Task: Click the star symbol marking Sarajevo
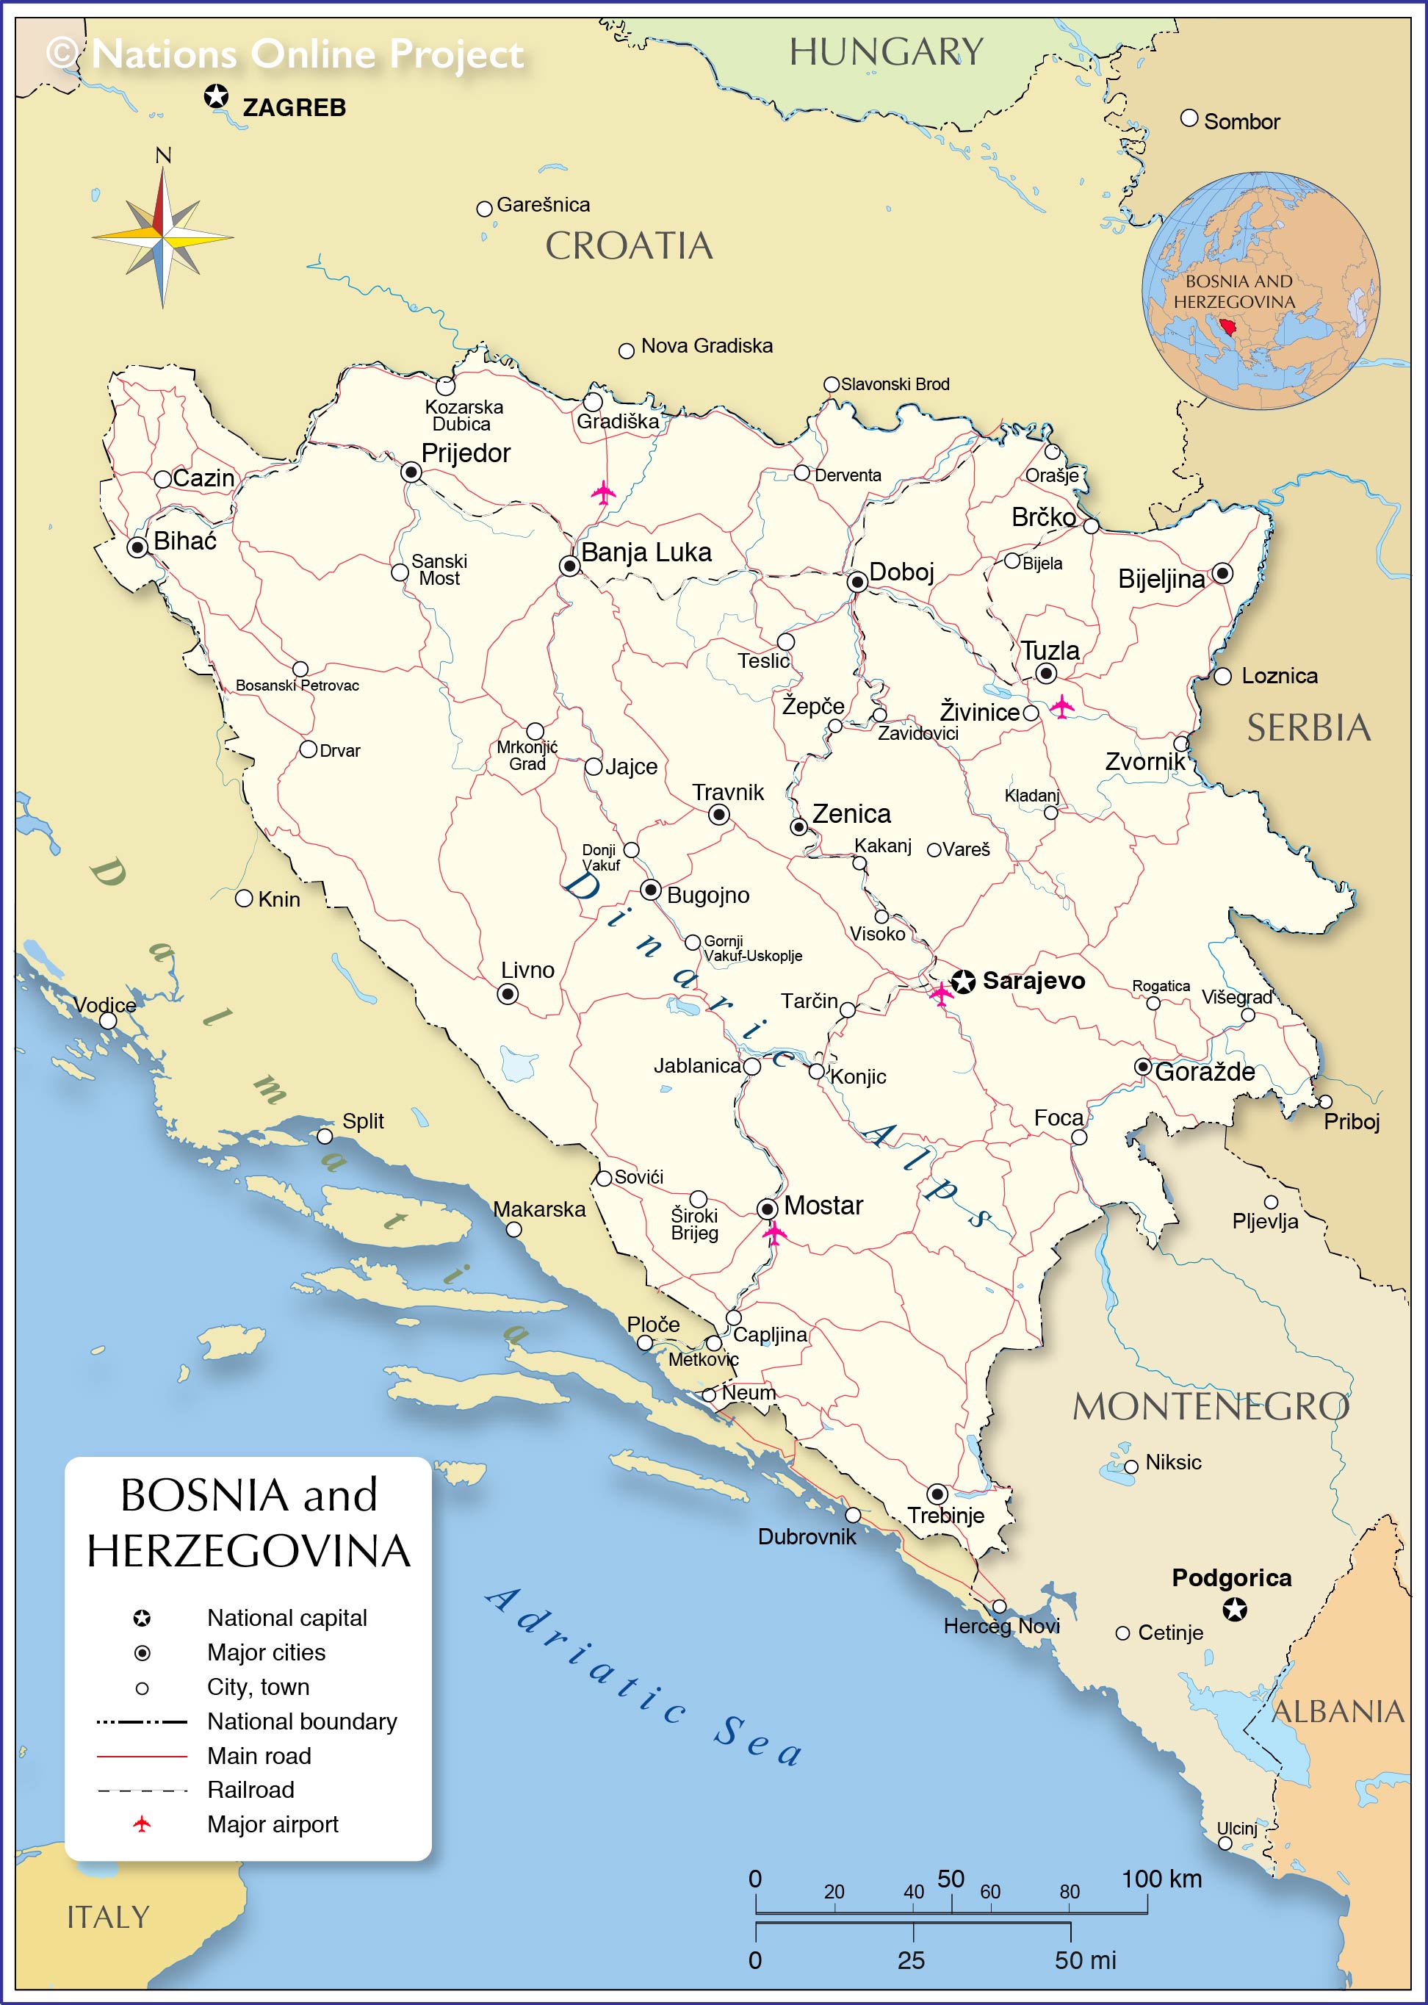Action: coord(963,982)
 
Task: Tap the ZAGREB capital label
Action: coord(294,108)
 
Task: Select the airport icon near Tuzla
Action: coord(1062,706)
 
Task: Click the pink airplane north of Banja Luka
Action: coord(603,492)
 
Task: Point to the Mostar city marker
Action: coord(768,1209)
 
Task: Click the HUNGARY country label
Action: coord(885,52)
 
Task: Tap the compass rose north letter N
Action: coord(162,156)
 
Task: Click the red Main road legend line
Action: coord(142,1756)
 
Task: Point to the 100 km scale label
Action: coord(1161,1879)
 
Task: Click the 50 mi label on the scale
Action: coord(1085,1960)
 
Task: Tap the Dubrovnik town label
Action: coord(807,1536)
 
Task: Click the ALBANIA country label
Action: coord(1338,1712)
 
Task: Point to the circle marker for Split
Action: coord(325,1136)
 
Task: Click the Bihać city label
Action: coord(184,541)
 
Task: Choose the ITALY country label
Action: coord(108,1917)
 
